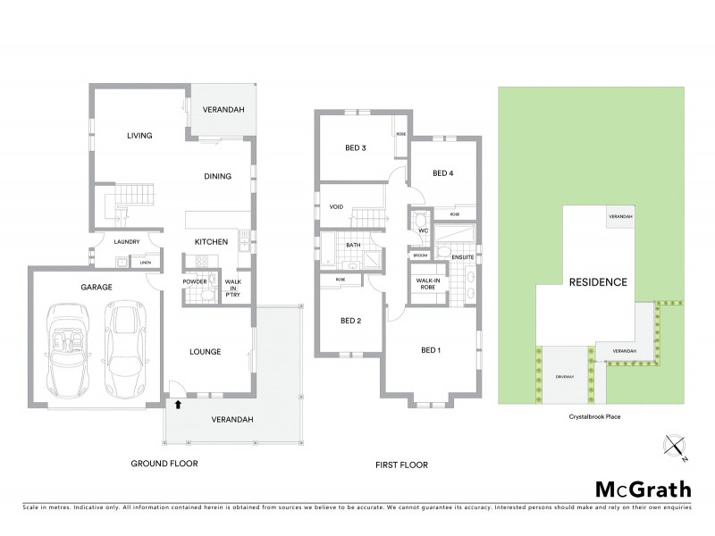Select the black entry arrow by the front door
178,404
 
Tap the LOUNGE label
206,351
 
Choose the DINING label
217,176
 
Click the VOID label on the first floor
336,207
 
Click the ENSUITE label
462,258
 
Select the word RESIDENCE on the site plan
598,281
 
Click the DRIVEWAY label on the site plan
562,374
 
